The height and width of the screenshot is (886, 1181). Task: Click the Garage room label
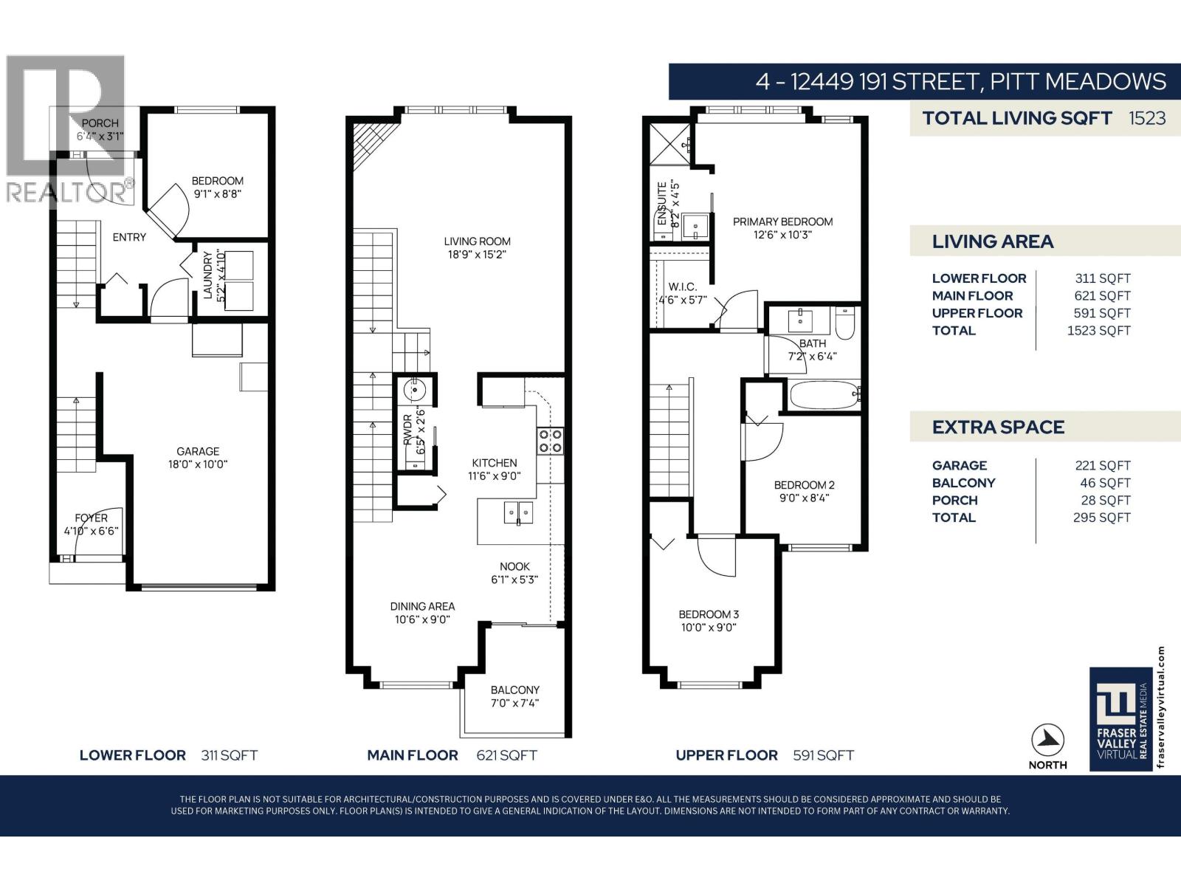click(198, 451)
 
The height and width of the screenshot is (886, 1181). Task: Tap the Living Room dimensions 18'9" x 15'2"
click(477, 255)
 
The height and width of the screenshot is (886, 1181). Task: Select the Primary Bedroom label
click(782, 221)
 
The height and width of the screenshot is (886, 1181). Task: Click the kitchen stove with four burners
click(550, 441)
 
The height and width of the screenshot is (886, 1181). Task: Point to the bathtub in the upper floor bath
click(824, 395)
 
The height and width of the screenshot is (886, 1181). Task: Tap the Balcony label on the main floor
click(514, 690)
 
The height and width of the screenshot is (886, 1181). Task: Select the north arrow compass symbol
click(1047, 739)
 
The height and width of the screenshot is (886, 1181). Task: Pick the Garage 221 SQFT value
click(1102, 465)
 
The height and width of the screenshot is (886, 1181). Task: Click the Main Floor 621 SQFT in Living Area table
click(1102, 295)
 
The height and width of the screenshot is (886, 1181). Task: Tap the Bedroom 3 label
click(709, 614)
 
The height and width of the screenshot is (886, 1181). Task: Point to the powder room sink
click(416, 389)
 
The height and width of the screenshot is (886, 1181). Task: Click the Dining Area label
click(422, 606)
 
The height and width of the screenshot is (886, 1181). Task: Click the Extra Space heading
click(998, 427)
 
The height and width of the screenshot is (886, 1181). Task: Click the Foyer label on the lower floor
click(91, 518)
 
